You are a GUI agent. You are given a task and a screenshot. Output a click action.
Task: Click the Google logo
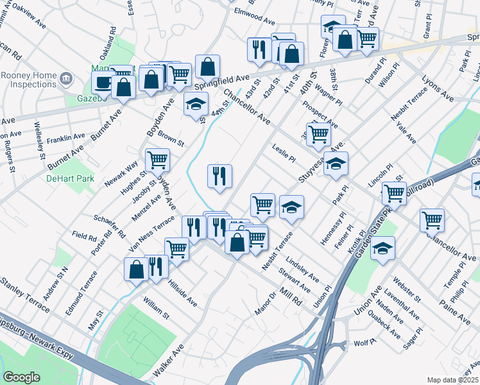point(21,377)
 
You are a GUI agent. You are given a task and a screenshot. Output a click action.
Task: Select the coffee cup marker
point(103,82)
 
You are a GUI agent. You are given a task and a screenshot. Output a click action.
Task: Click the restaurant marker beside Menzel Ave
point(219,175)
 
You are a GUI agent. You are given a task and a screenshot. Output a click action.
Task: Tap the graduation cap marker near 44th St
point(196,103)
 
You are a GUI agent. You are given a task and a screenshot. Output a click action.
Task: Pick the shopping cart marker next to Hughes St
point(157,159)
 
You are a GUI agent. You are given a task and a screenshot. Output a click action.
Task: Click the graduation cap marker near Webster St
point(383,247)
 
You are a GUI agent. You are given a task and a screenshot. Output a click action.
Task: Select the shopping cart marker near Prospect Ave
point(318,134)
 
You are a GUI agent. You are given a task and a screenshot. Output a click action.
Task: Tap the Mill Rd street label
point(290,296)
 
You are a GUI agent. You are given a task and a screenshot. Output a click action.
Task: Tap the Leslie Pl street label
point(283,153)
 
